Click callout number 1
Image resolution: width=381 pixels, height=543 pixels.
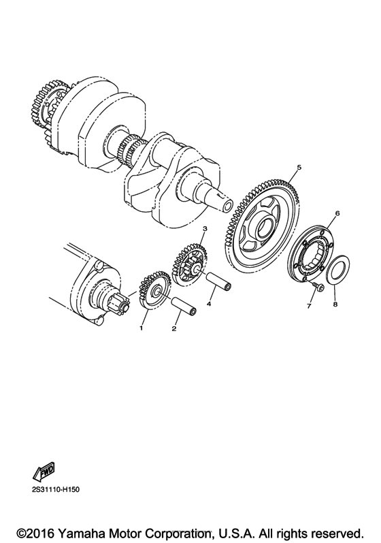(x=142, y=328)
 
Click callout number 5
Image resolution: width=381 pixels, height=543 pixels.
(x=299, y=168)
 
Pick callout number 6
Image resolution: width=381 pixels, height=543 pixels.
(x=335, y=213)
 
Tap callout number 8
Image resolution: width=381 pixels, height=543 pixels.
(x=335, y=306)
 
